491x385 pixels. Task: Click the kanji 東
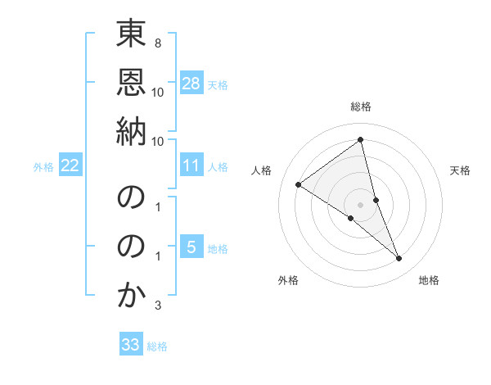(x=131, y=37)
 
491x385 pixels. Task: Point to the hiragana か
(x=131, y=297)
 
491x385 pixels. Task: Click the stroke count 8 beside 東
(x=157, y=41)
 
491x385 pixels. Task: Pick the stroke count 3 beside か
(x=157, y=306)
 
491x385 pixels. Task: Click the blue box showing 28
(x=191, y=84)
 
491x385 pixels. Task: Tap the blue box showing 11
(x=191, y=166)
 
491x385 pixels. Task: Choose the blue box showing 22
(x=70, y=166)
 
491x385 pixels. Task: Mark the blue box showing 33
(x=131, y=345)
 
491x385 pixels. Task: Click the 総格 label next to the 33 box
(x=157, y=346)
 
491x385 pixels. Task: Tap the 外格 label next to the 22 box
(x=43, y=167)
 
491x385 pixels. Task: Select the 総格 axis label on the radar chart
(x=361, y=106)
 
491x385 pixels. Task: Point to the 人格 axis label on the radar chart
(x=262, y=170)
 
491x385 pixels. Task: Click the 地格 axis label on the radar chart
(x=429, y=281)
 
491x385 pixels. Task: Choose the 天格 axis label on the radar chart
(x=460, y=170)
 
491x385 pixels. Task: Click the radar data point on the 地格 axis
(x=399, y=258)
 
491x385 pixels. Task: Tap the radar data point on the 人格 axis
(x=299, y=184)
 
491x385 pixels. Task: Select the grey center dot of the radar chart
(x=361, y=205)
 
